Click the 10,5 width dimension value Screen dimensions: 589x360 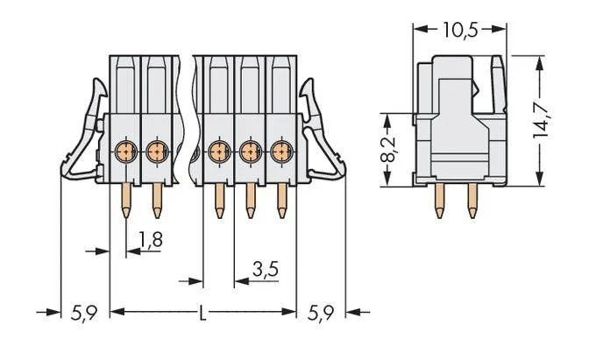pos(460,30)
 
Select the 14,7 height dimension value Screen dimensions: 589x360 pos(541,120)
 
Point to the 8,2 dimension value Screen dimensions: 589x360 pos(388,149)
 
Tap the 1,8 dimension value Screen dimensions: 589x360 pos(151,239)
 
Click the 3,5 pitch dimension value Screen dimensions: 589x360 pos(266,269)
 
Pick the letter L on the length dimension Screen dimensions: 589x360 pos(202,313)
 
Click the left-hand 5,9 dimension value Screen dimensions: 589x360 pos(84,313)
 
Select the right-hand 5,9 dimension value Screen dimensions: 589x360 pos(321,313)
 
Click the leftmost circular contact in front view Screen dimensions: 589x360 pos(126,152)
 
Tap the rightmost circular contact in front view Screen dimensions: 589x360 pos(281,152)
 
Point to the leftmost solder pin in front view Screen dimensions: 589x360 pos(126,201)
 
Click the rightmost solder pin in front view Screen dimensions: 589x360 pos(281,201)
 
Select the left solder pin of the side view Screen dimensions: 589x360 pos(439,201)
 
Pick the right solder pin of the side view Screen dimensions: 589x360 pos(472,201)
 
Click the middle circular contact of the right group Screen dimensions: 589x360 pos(250,152)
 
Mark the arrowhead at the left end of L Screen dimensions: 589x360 pos(117,312)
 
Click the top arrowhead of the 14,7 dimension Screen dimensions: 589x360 pos(540,63)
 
